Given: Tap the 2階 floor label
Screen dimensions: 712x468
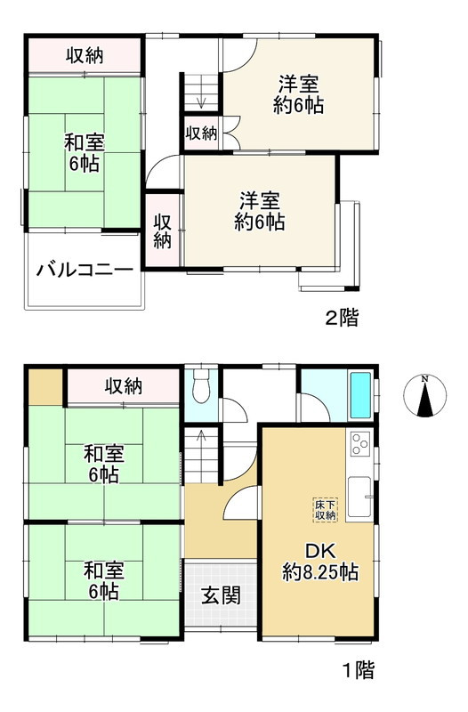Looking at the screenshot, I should [342, 318].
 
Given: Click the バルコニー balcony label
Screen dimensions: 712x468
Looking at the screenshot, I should [85, 271].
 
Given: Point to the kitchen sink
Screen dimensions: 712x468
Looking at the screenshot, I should [361, 497].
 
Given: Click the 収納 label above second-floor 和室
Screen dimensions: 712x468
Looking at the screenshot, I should [85, 55].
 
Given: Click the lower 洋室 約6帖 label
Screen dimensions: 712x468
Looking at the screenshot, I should [260, 210].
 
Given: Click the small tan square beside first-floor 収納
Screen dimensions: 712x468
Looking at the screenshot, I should [44, 384].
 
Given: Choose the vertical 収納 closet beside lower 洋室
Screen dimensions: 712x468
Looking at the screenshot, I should [163, 231].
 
